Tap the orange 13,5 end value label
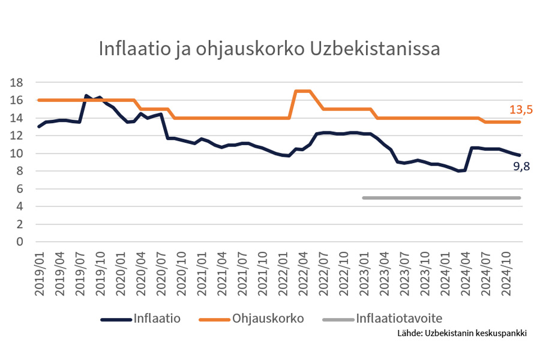tap(521, 109)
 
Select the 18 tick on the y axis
tap(17, 83)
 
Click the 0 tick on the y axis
tap(20, 242)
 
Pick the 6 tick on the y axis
tap(20, 189)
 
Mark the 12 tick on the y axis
tap(17, 136)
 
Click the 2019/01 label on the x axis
tap(40, 273)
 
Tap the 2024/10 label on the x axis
tap(507, 273)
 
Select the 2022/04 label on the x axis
tap(304, 273)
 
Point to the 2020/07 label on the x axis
tap(162, 273)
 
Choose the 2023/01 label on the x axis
tap(365, 273)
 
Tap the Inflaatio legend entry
tap(157, 318)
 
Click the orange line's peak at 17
tap(303, 91)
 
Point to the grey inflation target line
tap(441, 197)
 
